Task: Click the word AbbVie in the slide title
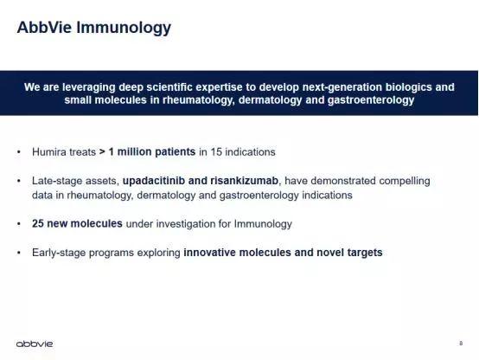[x=44, y=27]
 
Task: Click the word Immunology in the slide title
[x=124, y=29]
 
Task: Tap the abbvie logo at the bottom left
[x=35, y=344]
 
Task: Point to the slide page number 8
[x=461, y=344]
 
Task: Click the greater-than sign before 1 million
[x=102, y=152]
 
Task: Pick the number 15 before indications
[x=216, y=151]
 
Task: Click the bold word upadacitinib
[x=154, y=181]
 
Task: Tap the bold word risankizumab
[x=244, y=181]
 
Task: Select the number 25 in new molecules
[x=38, y=223]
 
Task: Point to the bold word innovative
[x=209, y=253]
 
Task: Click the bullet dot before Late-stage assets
[x=19, y=181]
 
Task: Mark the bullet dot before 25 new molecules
[x=19, y=224]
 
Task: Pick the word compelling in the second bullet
[x=405, y=181]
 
